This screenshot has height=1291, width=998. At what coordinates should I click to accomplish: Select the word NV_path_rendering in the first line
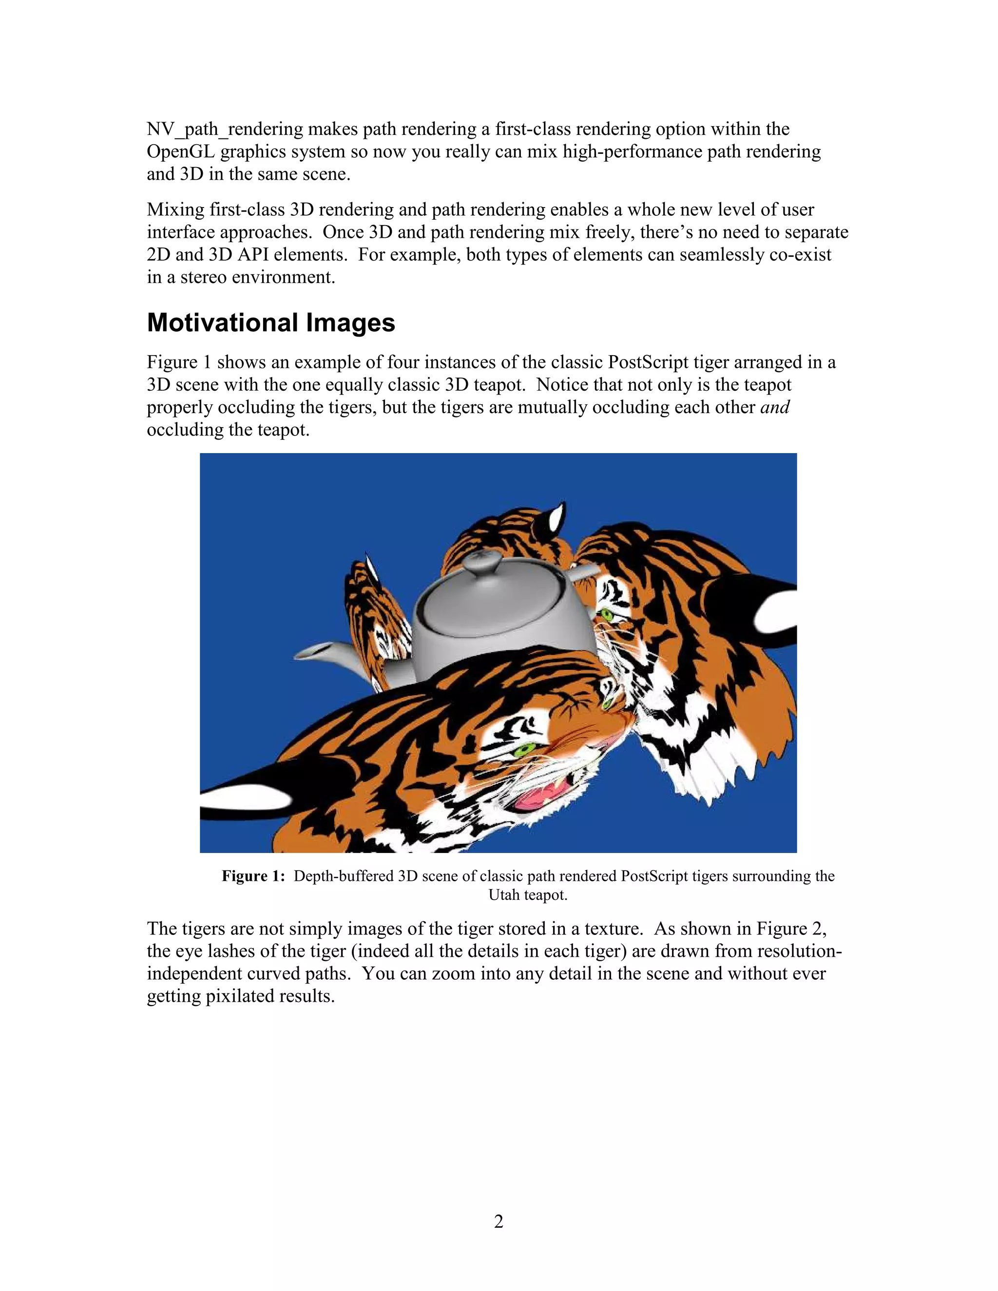[x=225, y=130]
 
